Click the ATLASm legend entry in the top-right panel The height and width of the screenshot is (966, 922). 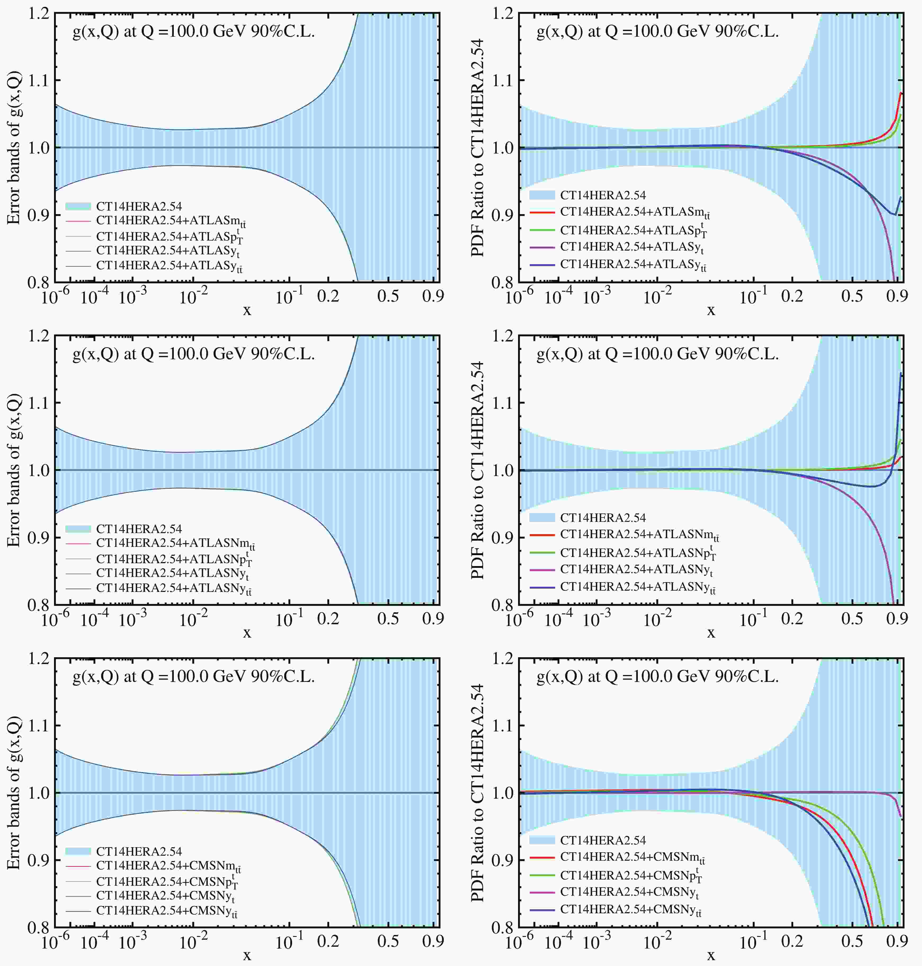[634, 213]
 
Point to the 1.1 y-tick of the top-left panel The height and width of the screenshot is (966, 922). [39, 80]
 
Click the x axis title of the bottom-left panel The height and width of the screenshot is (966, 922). [247, 955]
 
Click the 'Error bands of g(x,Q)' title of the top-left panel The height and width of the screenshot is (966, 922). [14, 148]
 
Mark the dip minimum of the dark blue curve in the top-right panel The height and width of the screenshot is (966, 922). [895, 214]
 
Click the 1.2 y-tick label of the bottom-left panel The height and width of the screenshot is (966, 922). [39, 659]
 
